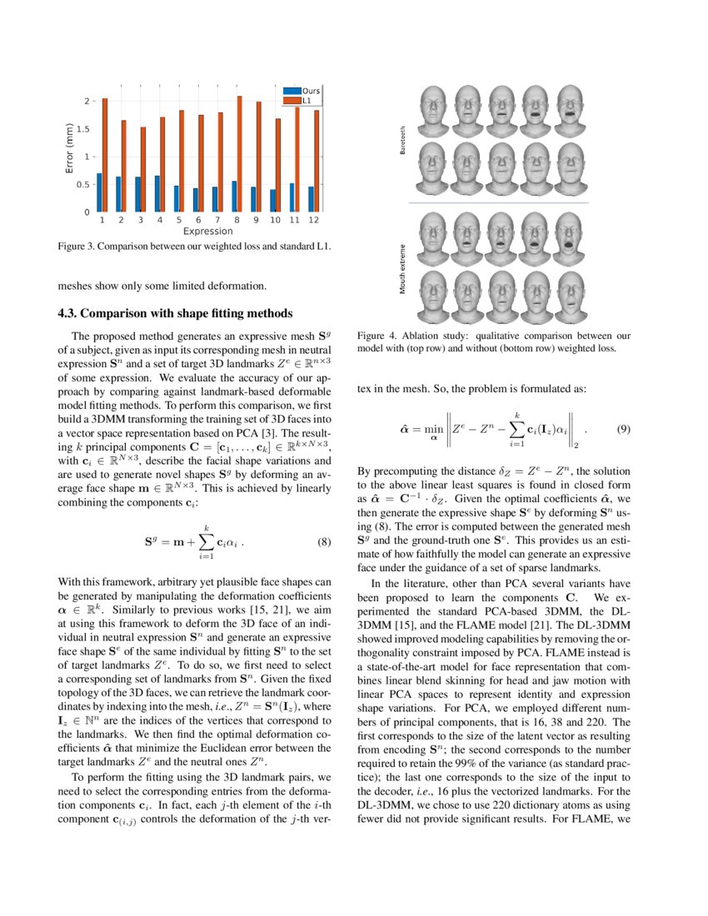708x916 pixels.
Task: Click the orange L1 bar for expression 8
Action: click(x=240, y=154)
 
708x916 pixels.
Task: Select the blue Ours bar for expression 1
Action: click(x=99, y=192)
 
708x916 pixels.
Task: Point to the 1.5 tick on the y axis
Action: click(x=82, y=129)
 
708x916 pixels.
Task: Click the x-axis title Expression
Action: click(x=208, y=231)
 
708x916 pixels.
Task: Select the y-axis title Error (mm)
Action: click(x=70, y=148)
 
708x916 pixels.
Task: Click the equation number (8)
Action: click(x=325, y=543)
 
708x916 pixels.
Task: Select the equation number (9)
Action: click(x=623, y=430)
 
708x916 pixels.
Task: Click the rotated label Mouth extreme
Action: click(x=403, y=269)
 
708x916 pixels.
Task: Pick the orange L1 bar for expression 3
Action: click(x=142, y=169)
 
